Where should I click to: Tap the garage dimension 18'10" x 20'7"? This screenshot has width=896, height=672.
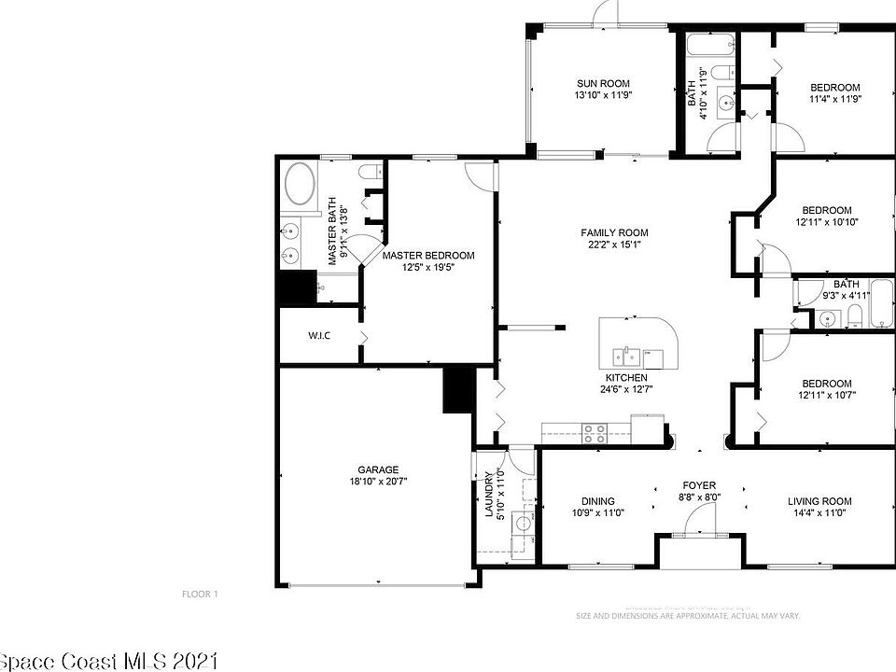(x=378, y=483)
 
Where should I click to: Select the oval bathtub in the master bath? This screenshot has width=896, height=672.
(x=300, y=185)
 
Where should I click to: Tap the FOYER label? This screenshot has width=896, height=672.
(x=699, y=485)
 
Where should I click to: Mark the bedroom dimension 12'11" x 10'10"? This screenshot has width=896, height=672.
(x=827, y=222)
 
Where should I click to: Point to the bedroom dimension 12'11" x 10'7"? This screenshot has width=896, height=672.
(x=827, y=396)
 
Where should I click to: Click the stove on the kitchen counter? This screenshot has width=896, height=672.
(x=595, y=431)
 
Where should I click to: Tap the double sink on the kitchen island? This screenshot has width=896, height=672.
(x=627, y=355)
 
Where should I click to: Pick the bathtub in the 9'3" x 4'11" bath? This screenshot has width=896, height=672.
(x=882, y=304)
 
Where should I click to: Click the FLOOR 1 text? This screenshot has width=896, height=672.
(x=199, y=594)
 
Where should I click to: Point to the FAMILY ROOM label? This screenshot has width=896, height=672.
(x=613, y=232)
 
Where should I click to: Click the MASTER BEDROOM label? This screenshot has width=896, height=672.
(x=428, y=255)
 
